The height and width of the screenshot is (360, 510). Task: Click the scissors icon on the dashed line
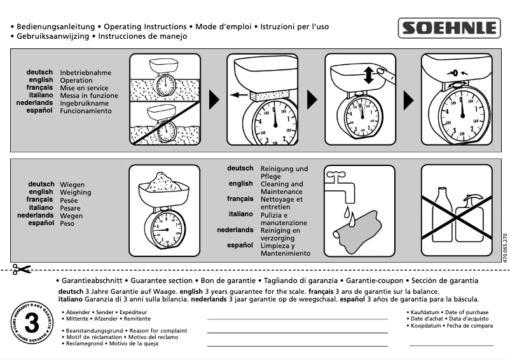point(21,269)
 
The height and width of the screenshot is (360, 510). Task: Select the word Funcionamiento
point(86,111)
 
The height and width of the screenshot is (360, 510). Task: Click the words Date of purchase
point(467,312)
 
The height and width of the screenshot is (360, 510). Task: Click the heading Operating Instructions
point(145,27)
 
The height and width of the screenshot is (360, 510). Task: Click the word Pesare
point(70,207)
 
